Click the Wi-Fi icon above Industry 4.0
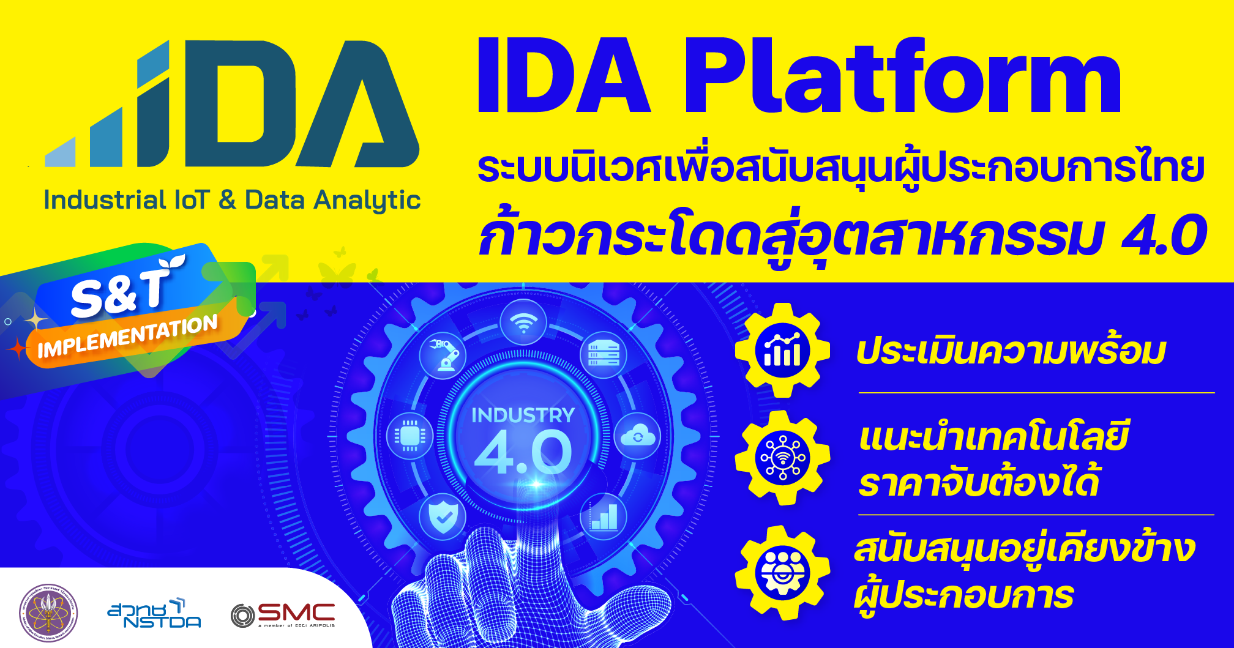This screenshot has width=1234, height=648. [x=523, y=322]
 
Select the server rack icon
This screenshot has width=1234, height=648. [x=604, y=355]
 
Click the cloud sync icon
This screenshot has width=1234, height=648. [x=637, y=436]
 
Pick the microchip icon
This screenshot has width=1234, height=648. [x=409, y=436]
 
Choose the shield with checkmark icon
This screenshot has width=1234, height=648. [x=443, y=518]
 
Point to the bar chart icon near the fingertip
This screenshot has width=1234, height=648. [x=604, y=518]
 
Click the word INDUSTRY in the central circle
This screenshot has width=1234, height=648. [x=523, y=415]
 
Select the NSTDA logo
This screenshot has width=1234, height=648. [x=154, y=614]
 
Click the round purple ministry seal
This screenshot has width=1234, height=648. [x=48, y=613]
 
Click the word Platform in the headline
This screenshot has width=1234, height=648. [x=902, y=76]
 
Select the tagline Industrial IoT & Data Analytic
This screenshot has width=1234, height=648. [x=232, y=200]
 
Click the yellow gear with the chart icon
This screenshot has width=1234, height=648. [x=782, y=351]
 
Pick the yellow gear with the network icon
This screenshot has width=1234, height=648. [x=782, y=458]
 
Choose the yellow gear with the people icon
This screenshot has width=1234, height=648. [x=782, y=573]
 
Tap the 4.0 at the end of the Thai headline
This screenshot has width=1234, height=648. [x=1164, y=236]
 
